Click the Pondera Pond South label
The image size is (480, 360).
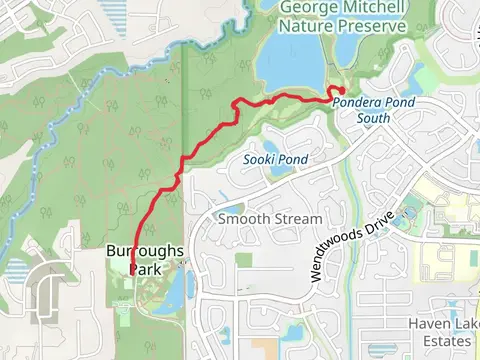(376, 110)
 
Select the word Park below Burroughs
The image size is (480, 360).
(146, 268)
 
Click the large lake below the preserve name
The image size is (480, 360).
(290, 65)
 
